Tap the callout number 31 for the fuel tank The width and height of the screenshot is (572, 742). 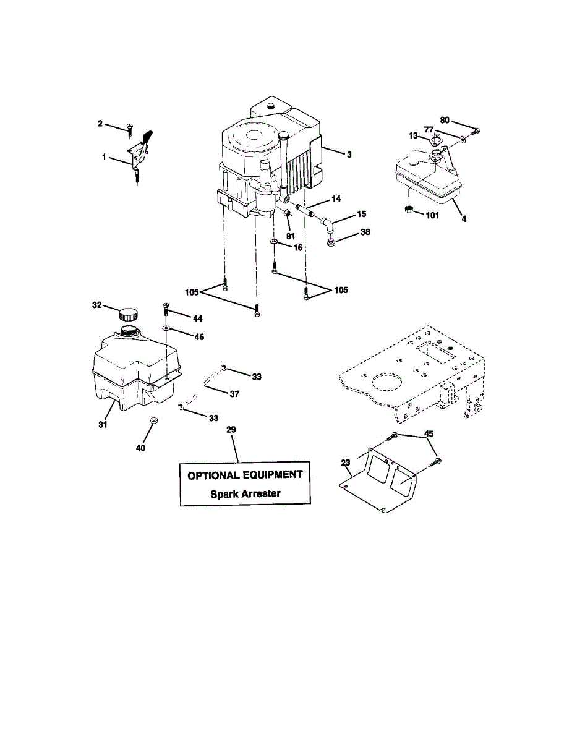pos(103,424)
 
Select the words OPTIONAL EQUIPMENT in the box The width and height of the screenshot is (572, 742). pos(245,475)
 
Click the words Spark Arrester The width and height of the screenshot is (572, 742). pos(245,493)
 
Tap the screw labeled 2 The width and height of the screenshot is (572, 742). pos(130,129)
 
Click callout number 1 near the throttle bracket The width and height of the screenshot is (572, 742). pos(105,158)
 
